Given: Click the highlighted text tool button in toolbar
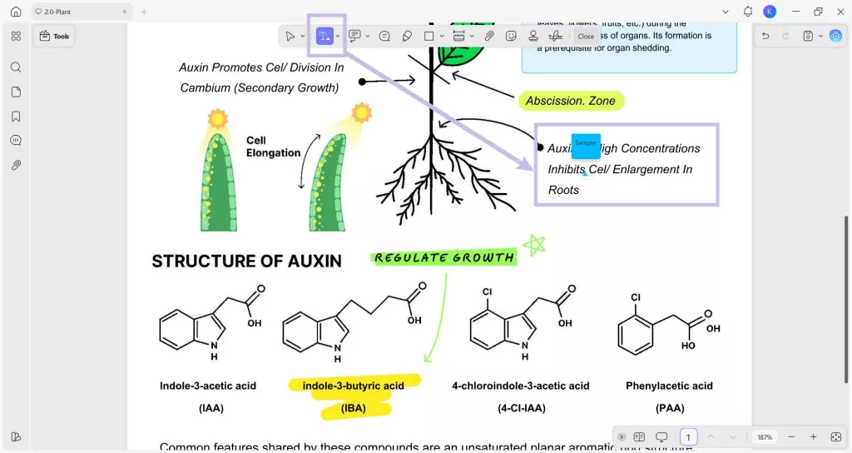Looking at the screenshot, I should tap(324, 36).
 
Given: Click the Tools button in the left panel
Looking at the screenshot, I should tap(55, 37).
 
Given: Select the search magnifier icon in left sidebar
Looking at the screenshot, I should tap(16, 67).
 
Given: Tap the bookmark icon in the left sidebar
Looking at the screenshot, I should tap(16, 117).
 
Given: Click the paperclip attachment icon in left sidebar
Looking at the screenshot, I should tap(16, 165).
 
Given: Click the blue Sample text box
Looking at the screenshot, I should tap(586, 145).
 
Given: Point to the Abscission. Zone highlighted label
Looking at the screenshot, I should tap(570, 101).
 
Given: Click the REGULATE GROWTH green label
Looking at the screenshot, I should tap(444, 258).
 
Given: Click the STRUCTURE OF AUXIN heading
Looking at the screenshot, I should tap(246, 261).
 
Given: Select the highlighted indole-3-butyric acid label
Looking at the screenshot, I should tap(353, 386).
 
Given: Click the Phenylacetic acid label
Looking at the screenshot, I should tap(669, 386).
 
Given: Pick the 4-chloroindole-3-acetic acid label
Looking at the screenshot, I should tap(520, 386).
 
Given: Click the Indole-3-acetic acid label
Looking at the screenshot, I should tap(208, 386).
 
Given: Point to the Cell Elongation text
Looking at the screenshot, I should tap(273, 147).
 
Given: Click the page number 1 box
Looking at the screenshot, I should tap(688, 437).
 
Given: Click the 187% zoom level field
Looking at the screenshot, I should tap(764, 437).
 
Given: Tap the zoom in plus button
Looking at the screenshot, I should tap(813, 437).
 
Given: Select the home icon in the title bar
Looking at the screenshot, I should tap(16, 12).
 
